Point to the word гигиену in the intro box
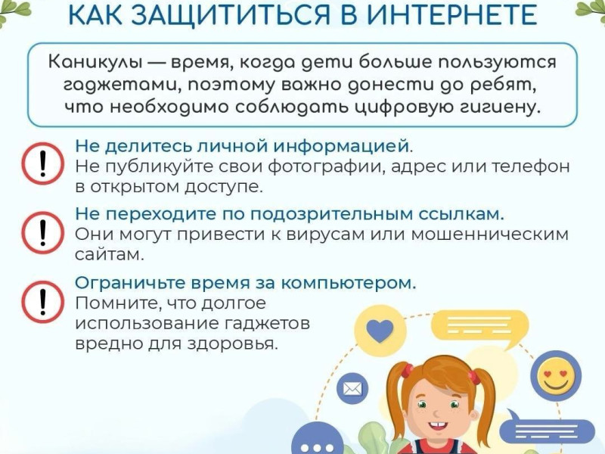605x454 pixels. (x=504, y=107)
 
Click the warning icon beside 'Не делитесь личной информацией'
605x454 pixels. (x=42, y=163)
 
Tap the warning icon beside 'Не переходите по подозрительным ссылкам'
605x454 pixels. (x=42, y=232)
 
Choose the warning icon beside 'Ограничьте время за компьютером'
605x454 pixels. (x=42, y=302)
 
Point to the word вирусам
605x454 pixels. (x=326, y=235)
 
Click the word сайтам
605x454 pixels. (x=109, y=255)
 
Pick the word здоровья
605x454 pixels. (x=232, y=344)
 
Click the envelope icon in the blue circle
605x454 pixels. (x=352, y=388)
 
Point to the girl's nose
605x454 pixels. (x=437, y=414)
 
